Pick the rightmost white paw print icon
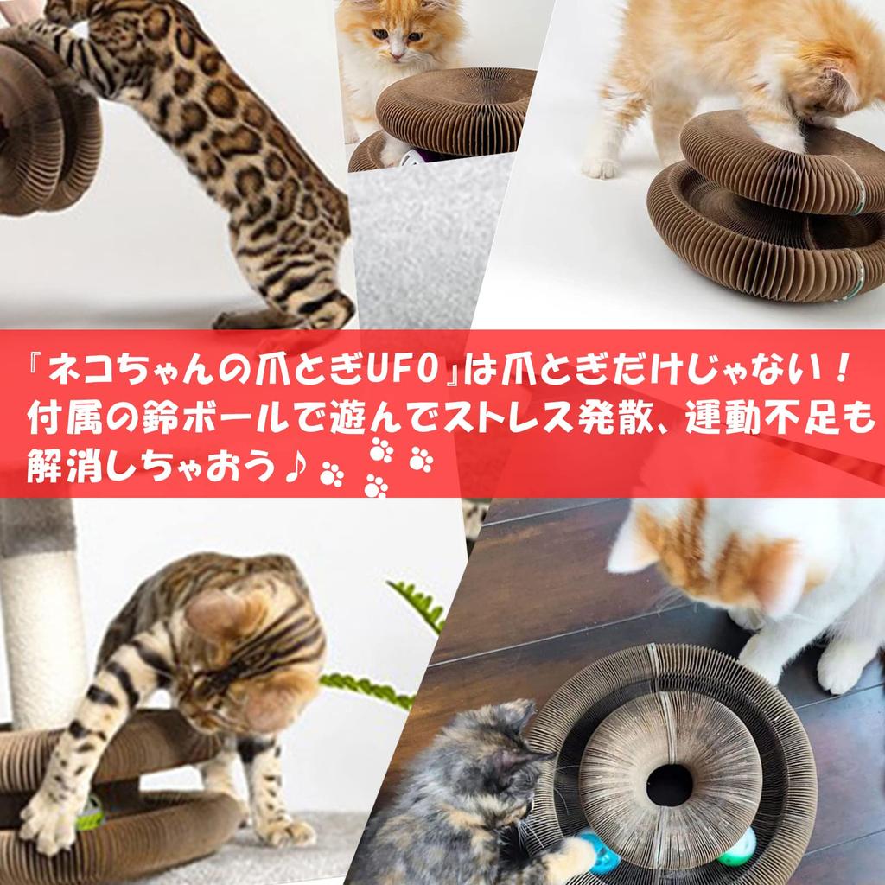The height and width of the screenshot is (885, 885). click(x=421, y=459)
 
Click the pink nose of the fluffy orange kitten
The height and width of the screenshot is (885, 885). click(x=396, y=55)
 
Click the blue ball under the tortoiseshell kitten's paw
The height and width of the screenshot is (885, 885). click(x=602, y=856)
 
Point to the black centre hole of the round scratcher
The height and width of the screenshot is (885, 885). click(x=670, y=784)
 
